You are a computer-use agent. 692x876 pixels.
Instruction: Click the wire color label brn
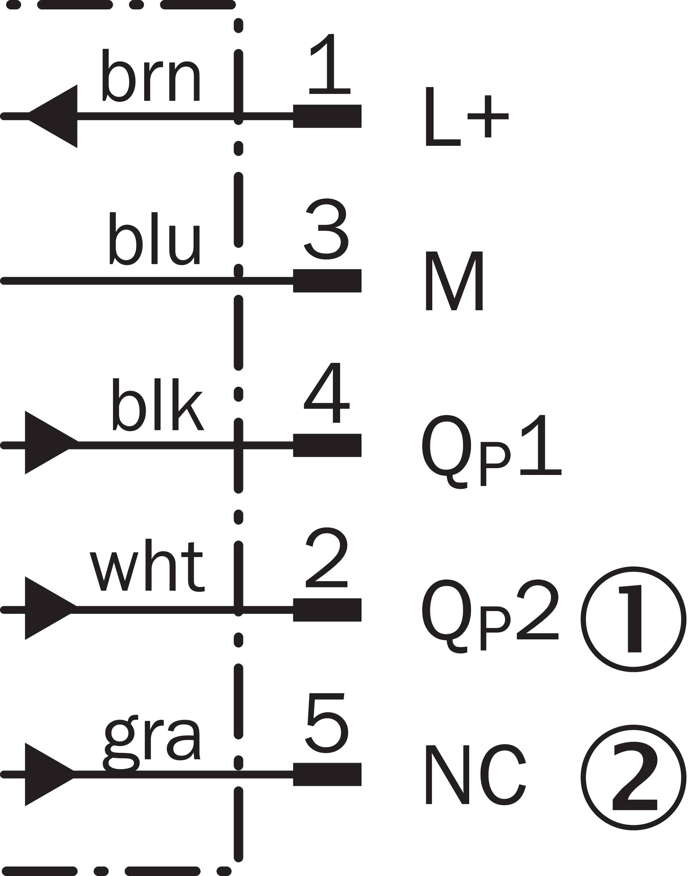coord(151,75)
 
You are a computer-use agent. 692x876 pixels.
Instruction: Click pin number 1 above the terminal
coord(329,64)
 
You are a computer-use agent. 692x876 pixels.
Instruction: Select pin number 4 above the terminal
coord(327,393)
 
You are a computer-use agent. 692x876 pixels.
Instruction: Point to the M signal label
coord(454,281)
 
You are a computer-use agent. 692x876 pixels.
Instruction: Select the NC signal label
coord(476,776)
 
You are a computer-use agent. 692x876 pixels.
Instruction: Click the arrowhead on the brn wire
coord(53,116)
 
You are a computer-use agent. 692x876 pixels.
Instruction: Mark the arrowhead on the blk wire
coord(52,442)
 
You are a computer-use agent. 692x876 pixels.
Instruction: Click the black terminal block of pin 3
coord(327,280)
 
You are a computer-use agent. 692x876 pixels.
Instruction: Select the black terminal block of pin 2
coord(327,610)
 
